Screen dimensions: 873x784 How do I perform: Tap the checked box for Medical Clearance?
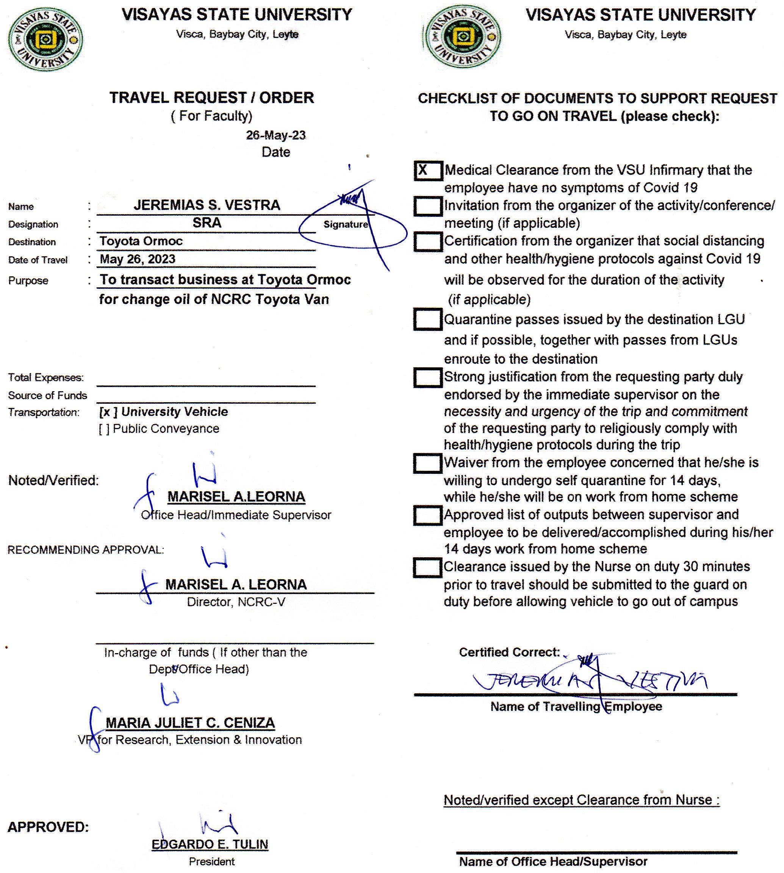[x=428, y=171]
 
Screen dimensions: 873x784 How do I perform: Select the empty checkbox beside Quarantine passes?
[x=428, y=319]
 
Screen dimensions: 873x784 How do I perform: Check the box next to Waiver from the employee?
[x=427, y=463]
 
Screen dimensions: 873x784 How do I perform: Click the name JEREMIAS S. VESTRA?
[x=207, y=205]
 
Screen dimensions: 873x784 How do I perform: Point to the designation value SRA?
[x=207, y=223]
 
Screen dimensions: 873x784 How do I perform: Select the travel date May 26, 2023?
[x=138, y=259]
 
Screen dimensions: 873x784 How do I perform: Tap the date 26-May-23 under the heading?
[x=276, y=135]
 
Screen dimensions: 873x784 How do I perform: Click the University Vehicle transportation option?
[x=164, y=412]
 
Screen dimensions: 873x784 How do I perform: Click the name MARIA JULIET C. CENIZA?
[x=190, y=723]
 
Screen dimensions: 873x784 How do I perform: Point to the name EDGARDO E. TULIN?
[x=210, y=844]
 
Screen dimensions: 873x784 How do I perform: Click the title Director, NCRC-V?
[x=236, y=602]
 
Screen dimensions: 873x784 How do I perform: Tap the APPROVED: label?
[x=48, y=827]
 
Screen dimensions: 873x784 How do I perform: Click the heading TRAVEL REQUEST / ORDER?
[x=211, y=98]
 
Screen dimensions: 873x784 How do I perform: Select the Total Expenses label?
[x=46, y=378]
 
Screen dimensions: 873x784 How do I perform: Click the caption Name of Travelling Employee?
[x=576, y=706]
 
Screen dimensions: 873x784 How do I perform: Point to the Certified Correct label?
[x=509, y=652]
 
